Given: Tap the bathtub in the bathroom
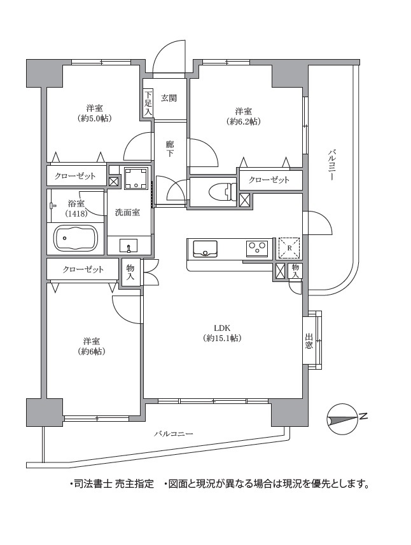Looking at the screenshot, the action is (x=75, y=238).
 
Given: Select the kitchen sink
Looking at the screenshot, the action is (x=205, y=249).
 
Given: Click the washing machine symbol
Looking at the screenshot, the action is (x=136, y=178).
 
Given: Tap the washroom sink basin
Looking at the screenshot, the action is (x=129, y=245).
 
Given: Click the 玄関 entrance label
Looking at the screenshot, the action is (x=169, y=98).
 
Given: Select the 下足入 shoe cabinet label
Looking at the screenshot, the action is (x=148, y=103).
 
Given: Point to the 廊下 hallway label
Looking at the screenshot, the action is (x=170, y=149).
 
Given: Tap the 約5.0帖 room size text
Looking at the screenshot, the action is (x=95, y=119).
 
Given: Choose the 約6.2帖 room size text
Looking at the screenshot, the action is (x=244, y=122).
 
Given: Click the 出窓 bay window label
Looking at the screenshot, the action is (x=309, y=341).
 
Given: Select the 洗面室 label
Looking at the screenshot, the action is (x=128, y=212).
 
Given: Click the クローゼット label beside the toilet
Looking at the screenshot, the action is (x=269, y=180).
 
